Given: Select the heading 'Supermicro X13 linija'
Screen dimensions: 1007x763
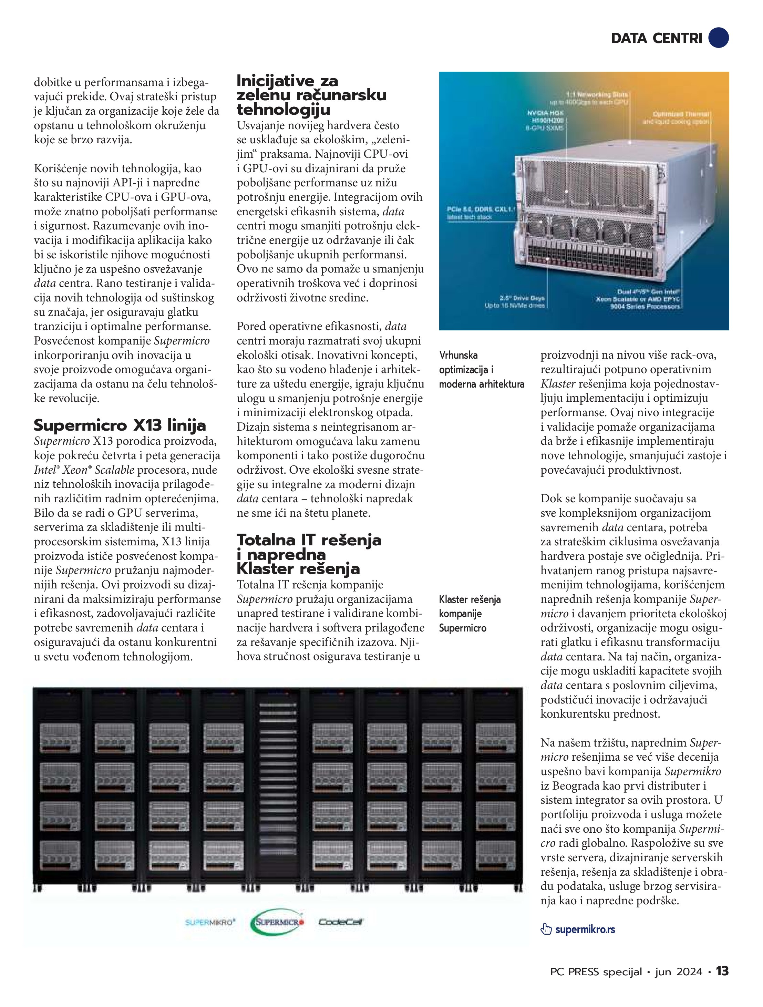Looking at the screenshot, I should coord(120,425).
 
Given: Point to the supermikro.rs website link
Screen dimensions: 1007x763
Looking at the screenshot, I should coord(585,929).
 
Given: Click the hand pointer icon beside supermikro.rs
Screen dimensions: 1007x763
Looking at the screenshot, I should coord(546,929).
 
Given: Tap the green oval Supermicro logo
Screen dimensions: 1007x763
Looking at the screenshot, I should coord(277,922).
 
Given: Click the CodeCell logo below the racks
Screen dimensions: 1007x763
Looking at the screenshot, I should coord(341,922).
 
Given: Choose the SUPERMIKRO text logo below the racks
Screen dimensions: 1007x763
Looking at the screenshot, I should coord(210,922).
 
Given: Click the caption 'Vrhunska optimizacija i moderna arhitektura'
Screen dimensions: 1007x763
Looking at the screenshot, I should coord(481,370).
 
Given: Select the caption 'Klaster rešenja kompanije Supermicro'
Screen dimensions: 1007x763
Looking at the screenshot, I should coord(470,614).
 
